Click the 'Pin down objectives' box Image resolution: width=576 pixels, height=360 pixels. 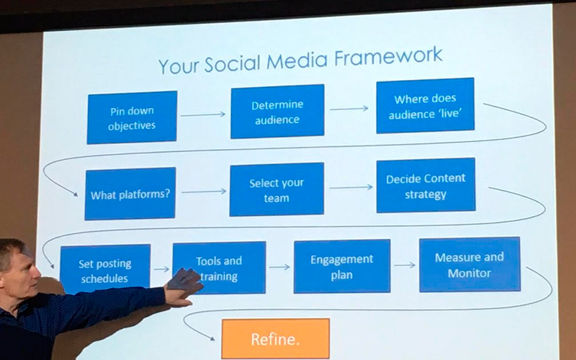pos(132,117)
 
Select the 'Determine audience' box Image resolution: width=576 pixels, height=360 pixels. pos(277,112)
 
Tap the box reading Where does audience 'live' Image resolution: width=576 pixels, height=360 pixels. pos(425,105)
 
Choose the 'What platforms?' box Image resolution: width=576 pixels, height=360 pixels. pos(130,194)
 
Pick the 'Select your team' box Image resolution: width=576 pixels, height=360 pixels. pos(276,189)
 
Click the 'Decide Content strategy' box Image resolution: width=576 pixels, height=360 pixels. pos(426,186)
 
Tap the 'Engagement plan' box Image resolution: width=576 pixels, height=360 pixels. pos(342,266)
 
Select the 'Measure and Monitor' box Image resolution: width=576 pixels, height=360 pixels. pos(469,264)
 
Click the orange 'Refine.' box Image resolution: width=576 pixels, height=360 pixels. pos(276,338)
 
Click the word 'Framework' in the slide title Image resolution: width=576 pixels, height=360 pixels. pos(388,57)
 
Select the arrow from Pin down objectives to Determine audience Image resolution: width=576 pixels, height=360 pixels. pos(203,114)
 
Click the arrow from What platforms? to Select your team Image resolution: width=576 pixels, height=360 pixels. pos(204,192)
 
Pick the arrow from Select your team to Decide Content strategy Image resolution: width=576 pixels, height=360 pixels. pos(351,187)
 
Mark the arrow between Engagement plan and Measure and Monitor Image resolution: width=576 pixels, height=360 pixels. pos(405,265)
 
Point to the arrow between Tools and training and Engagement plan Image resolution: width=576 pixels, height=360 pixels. pos(279,267)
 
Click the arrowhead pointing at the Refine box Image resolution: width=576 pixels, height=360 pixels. pos(212,338)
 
